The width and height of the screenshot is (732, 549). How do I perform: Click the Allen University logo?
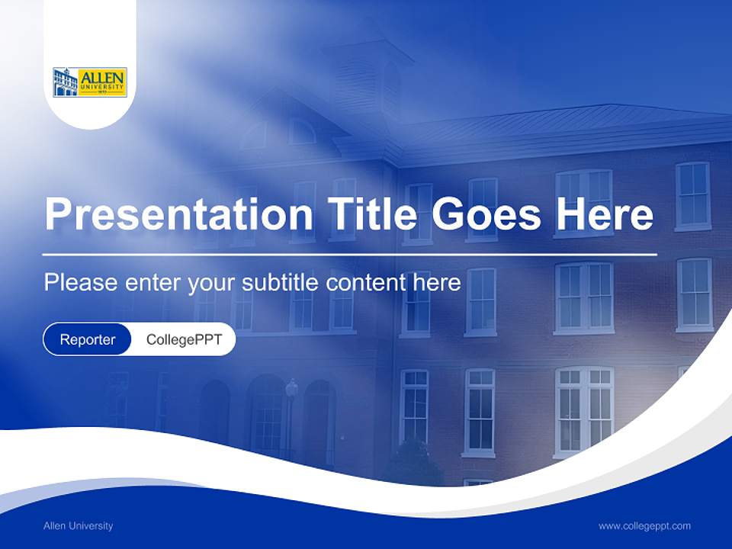pyautogui.click(x=90, y=82)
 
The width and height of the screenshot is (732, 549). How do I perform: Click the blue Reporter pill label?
pyautogui.click(x=88, y=339)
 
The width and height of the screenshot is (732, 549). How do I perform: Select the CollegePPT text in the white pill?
pyautogui.click(x=184, y=339)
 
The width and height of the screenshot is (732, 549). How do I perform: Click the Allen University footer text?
pyautogui.click(x=79, y=525)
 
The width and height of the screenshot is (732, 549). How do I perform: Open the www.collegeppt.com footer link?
pyautogui.click(x=644, y=525)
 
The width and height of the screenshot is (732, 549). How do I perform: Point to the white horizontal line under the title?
pyautogui.click(x=350, y=254)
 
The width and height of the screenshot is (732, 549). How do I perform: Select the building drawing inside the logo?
pyautogui.click(x=66, y=82)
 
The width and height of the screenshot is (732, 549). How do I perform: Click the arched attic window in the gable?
pyautogui.click(x=301, y=132)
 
